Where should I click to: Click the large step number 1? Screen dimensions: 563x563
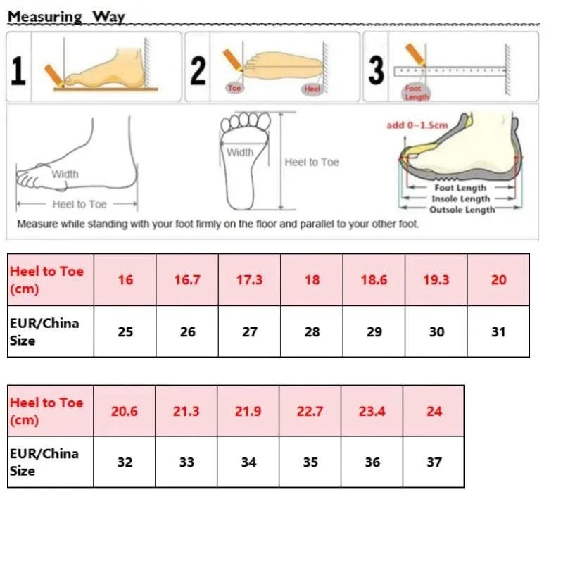click(19, 70)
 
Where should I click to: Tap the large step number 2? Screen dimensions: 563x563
click(198, 70)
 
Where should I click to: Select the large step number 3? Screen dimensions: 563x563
click(377, 70)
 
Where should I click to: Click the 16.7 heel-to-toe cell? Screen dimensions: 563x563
click(187, 279)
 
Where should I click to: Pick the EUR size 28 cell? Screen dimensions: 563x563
click(312, 331)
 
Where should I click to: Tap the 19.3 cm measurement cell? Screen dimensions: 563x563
click(436, 279)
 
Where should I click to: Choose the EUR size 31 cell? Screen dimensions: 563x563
click(498, 331)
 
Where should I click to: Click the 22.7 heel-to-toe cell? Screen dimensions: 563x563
click(310, 411)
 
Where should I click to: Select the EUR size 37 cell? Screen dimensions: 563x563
click(434, 462)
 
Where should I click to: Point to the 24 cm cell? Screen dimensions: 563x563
click(434, 411)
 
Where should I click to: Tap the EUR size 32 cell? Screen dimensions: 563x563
click(125, 462)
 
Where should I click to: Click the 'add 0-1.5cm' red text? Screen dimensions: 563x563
click(417, 125)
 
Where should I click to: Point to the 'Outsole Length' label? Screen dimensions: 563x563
click(462, 210)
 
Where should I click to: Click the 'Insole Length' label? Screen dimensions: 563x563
click(460, 199)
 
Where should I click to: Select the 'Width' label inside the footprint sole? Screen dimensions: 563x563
click(240, 152)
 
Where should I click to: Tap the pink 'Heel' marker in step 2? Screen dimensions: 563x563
click(311, 89)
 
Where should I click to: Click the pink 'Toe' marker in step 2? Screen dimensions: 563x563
click(234, 89)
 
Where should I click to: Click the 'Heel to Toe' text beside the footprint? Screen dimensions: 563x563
click(312, 163)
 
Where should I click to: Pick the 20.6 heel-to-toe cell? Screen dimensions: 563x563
click(125, 411)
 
